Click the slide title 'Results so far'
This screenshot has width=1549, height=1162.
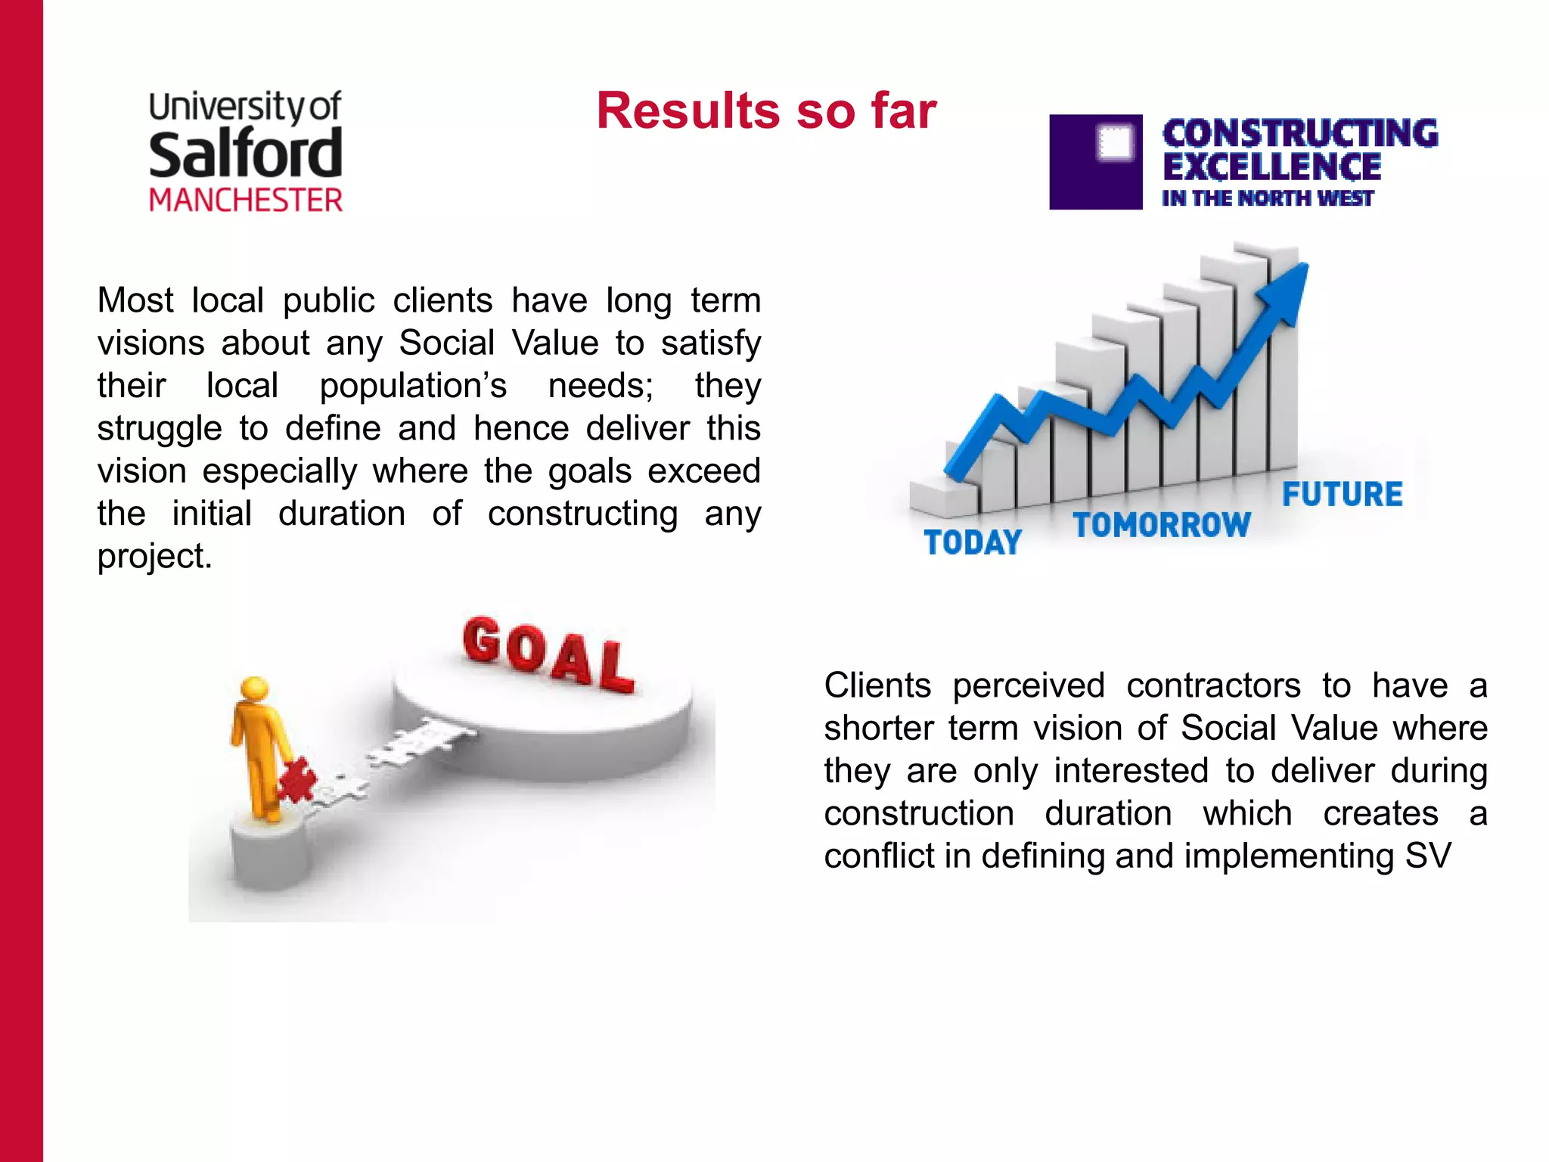coord(765,111)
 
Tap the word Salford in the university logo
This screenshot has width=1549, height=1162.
coord(245,154)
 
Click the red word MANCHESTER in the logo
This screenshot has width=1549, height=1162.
coord(246,200)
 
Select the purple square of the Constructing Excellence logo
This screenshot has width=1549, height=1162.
coord(1095,162)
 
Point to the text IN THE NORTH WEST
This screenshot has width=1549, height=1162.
coord(1267,198)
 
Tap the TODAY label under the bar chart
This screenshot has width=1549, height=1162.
coord(973,542)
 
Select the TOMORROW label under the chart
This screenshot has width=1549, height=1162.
coord(1162,525)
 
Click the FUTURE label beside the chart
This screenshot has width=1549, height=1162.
coord(1342,495)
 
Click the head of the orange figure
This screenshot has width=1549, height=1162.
coord(254,688)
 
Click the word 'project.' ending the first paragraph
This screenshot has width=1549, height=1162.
coord(155,557)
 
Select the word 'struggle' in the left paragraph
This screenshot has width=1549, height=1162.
coord(160,429)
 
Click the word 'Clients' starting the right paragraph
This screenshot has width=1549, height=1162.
coord(877,685)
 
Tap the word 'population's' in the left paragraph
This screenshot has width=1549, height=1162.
coord(413,386)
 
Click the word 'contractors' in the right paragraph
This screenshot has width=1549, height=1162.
coord(1213,685)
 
